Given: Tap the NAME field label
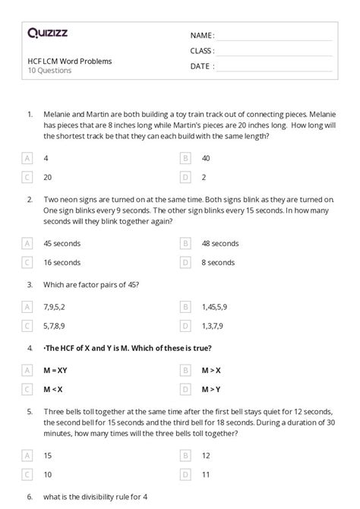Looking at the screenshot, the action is pos(202,35).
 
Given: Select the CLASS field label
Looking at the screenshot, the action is pos(202,51).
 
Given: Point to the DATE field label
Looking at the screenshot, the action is pos(201,66).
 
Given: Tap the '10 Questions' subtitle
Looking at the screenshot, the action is pos(49,71).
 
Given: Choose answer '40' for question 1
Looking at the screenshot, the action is pos(206,158).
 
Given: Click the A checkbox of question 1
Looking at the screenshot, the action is pos(28,158).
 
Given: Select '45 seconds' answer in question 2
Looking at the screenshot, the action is pos(62,243).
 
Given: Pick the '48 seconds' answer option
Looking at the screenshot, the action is pos(219,243).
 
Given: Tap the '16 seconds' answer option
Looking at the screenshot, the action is pos(62,262).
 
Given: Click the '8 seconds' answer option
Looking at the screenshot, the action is pos(218,262).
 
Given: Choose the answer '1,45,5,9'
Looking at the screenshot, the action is pos(216,307).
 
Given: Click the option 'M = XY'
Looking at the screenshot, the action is pos(57,371).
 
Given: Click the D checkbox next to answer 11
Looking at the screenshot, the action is pos(185,475).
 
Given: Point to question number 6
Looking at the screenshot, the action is pos(30,497).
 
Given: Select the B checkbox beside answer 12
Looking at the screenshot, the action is pos(185,456).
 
